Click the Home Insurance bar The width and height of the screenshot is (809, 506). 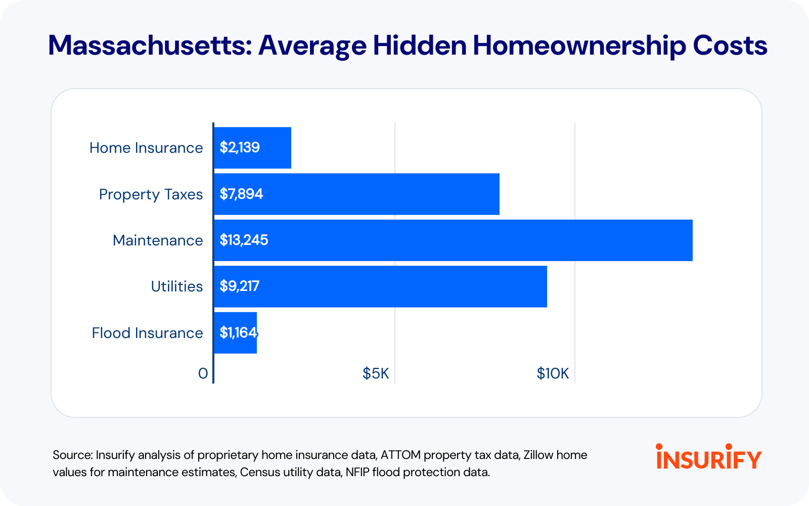[253, 148]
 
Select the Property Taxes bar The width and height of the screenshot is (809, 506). [357, 194]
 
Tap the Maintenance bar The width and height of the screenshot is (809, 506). [454, 240]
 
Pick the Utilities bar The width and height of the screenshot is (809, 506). [381, 286]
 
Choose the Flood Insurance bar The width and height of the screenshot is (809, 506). [236, 333]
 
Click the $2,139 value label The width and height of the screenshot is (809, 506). [240, 147]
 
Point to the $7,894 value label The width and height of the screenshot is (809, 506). [241, 194]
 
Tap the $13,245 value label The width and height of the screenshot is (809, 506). [244, 240]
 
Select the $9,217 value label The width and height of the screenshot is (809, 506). [240, 286]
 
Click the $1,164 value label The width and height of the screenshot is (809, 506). [239, 333]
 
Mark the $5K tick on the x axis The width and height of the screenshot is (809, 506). [376, 373]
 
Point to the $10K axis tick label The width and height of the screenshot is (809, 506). [553, 373]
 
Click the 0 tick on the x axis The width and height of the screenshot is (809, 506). [203, 374]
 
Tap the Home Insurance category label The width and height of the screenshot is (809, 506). [146, 148]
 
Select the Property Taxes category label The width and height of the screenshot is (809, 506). [151, 194]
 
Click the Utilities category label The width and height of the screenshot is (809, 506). [177, 286]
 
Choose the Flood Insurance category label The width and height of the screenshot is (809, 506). [147, 333]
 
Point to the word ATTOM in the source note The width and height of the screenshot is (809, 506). [400, 455]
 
